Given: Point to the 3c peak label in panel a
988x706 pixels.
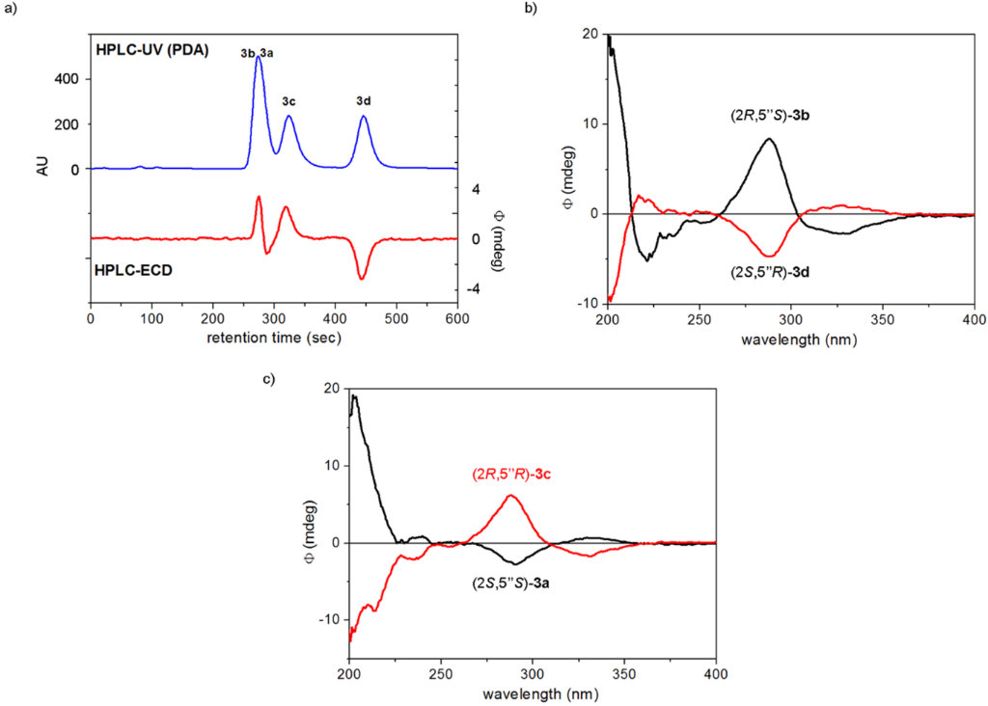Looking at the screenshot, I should click(289, 100).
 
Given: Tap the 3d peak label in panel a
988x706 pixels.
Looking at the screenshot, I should click(364, 100).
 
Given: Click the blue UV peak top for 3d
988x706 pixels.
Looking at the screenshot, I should click(364, 117).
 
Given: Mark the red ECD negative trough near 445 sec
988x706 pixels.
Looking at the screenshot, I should click(362, 279).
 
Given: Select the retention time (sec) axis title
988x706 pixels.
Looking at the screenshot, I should click(272, 339).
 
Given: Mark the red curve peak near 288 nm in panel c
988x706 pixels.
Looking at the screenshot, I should click(510, 496).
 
